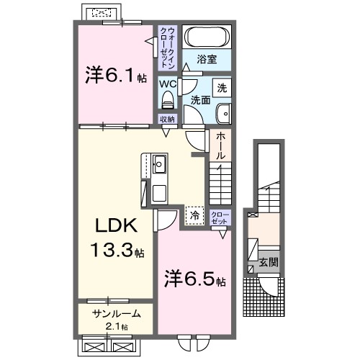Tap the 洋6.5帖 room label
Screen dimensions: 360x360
coord(194,278)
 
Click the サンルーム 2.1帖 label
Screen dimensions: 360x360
coord(116,319)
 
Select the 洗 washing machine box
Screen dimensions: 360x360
coord(222,88)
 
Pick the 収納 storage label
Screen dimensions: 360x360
coord(167,120)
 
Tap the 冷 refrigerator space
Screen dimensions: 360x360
coord(194,214)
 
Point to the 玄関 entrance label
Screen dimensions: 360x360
coord(268,262)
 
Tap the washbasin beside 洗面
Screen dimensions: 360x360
coord(224,113)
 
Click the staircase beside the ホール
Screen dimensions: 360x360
coord(220,181)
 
